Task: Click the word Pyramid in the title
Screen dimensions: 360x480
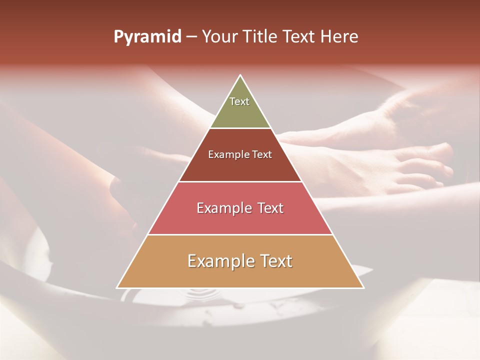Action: pos(147,37)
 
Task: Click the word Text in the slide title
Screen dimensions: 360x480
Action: pos(300,37)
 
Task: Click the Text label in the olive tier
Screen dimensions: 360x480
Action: pos(239,101)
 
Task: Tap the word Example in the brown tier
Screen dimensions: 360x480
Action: pos(226,154)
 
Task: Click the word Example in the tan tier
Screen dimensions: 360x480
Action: pos(216,261)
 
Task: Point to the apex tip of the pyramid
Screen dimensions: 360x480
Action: pos(240,76)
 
